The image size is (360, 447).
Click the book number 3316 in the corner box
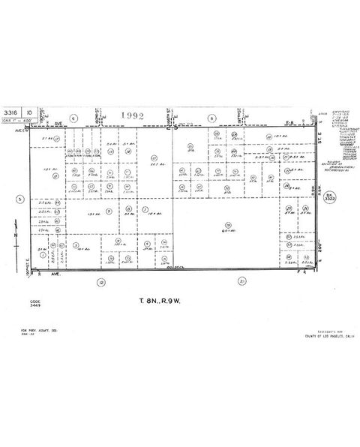[10, 110]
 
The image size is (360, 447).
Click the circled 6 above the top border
[73, 118]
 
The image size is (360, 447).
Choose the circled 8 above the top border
[212, 118]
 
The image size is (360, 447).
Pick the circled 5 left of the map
[20, 199]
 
